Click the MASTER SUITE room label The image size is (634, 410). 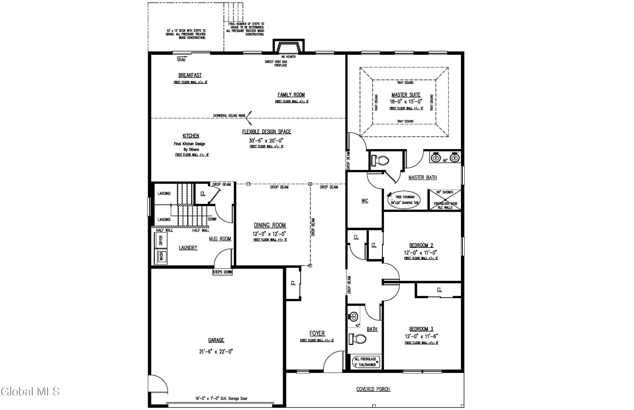pyautogui.click(x=406, y=95)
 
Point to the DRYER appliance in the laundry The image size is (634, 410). pyautogui.click(x=161, y=240)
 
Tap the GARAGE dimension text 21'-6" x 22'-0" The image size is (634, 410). pyautogui.click(x=216, y=352)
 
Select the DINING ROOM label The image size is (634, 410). pyautogui.click(x=270, y=225)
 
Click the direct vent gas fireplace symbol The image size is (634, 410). pyautogui.click(x=288, y=47)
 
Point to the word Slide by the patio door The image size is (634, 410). pyautogui.click(x=181, y=60)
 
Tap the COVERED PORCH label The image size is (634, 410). pyautogui.click(x=373, y=389)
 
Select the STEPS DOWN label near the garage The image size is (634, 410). pyautogui.click(x=223, y=272)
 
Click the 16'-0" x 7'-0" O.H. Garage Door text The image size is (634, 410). pyautogui.click(x=221, y=399)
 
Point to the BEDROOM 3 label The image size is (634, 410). pyautogui.click(x=421, y=329)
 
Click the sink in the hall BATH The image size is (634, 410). pyautogui.click(x=354, y=317)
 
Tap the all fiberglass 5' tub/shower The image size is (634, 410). pyautogui.click(x=365, y=362)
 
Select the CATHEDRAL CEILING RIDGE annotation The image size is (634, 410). pyautogui.click(x=229, y=116)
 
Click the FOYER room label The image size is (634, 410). pyautogui.click(x=317, y=333)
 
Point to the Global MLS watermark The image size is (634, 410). pyautogui.click(x=30, y=391)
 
